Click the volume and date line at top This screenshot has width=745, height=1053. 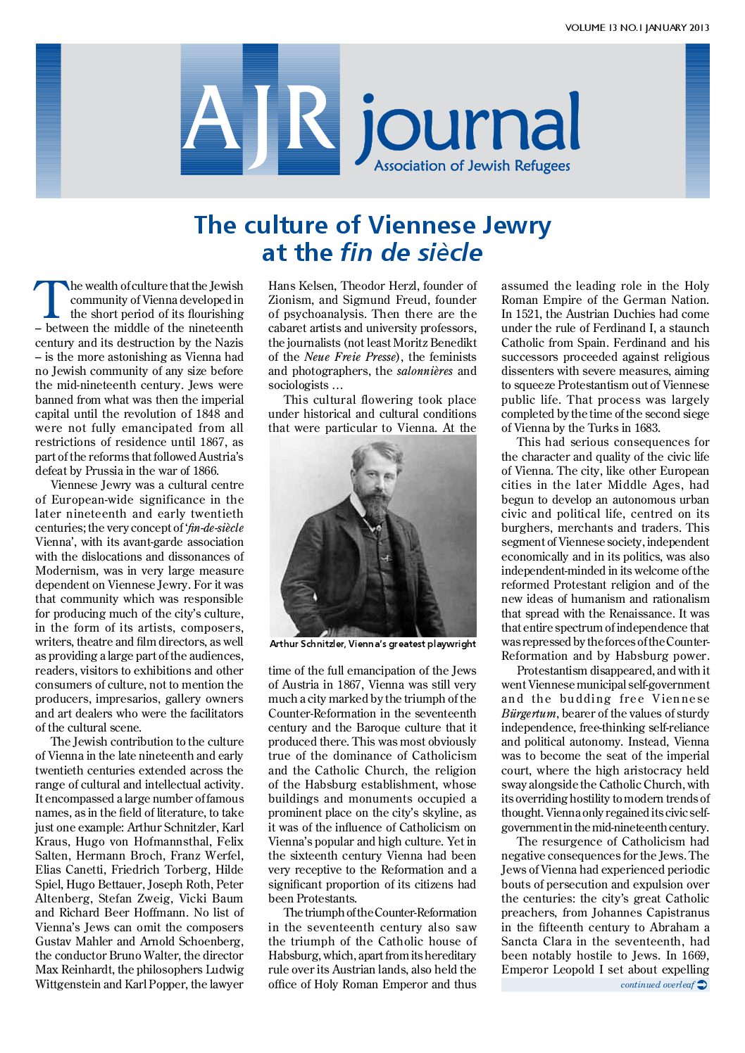coord(637,28)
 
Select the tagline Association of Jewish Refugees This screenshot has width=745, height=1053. coord(472,166)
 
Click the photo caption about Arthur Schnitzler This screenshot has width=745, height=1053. coord(372,644)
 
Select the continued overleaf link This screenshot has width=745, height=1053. coord(656,985)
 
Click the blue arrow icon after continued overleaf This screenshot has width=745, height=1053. coord(701,985)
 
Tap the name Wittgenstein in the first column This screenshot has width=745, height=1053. coord(68,984)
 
